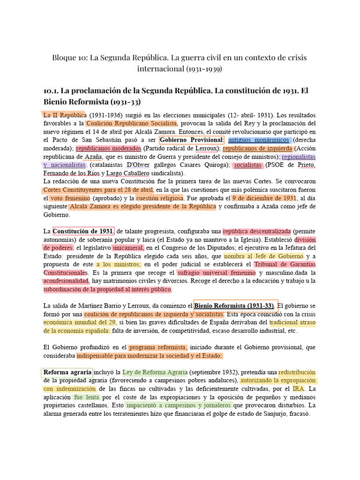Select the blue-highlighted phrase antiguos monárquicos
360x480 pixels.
pos(259,140)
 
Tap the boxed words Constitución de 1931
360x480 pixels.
pos(83,231)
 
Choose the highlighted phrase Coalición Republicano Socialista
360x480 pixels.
pos(131,123)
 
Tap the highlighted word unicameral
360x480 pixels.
pos(128,247)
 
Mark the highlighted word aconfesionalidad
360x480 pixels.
pos(66,281)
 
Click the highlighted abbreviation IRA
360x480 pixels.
pos(298,389)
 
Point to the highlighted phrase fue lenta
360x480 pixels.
pos(86,397)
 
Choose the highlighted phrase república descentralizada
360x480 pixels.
pos(257,231)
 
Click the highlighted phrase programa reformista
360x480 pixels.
pos(158,347)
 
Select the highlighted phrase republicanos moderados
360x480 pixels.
pos(108,149)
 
